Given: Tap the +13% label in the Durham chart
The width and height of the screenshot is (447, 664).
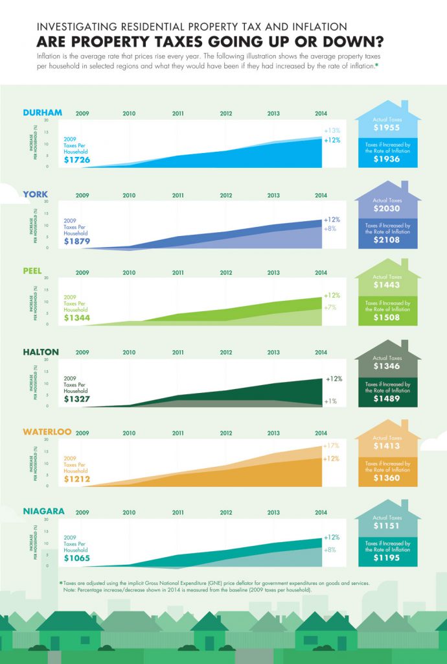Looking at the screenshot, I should tap(332, 130).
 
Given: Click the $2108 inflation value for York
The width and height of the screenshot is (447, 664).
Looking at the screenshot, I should tap(387, 240).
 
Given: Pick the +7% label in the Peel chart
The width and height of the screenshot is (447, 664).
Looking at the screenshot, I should tap(330, 307).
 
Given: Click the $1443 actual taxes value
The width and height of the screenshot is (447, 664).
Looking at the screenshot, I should tap(387, 285).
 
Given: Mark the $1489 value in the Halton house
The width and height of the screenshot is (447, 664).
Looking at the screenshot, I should tap(387, 399).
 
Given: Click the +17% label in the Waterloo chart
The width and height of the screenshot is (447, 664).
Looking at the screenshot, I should tap(331, 445).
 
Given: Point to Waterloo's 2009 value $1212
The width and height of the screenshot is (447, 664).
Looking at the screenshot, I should tap(77, 480).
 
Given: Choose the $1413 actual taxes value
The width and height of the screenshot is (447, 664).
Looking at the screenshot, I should tap(387, 445).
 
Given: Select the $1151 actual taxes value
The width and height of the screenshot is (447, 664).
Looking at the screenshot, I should tap(387, 525).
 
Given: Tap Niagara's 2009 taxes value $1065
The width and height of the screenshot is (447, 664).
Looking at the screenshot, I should tap(77, 558).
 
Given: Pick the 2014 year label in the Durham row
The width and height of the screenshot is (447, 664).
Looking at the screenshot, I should tap(321, 113).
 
